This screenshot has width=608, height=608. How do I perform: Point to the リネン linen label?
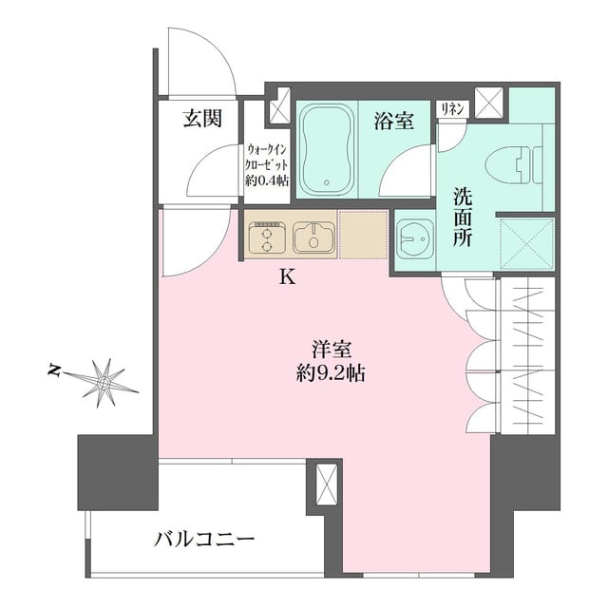click(x=451, y=109)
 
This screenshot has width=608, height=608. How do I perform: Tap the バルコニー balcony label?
click(x=204, y=541)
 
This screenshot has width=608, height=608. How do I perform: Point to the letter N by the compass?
click(x=54, y=370)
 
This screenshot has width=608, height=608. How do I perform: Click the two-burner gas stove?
click(x=267, y=237)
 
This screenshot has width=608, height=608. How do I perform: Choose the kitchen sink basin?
click(x=313, y=237)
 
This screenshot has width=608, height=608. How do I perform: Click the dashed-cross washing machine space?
click(x=525, y=243)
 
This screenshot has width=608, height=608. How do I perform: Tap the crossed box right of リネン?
click(x=490, y=102)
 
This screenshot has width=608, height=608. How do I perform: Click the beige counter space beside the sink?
click(x=363, y=236)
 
